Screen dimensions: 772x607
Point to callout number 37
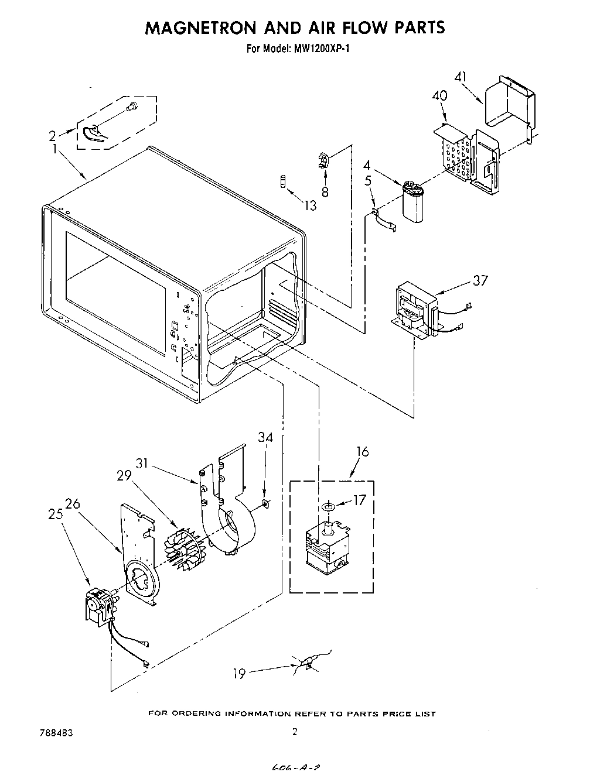(x=480, y=281)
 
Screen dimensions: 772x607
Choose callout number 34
(x=265, y=437)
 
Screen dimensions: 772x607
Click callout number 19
(x=238, y=674)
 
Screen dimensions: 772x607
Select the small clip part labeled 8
(x=322, y=160)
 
